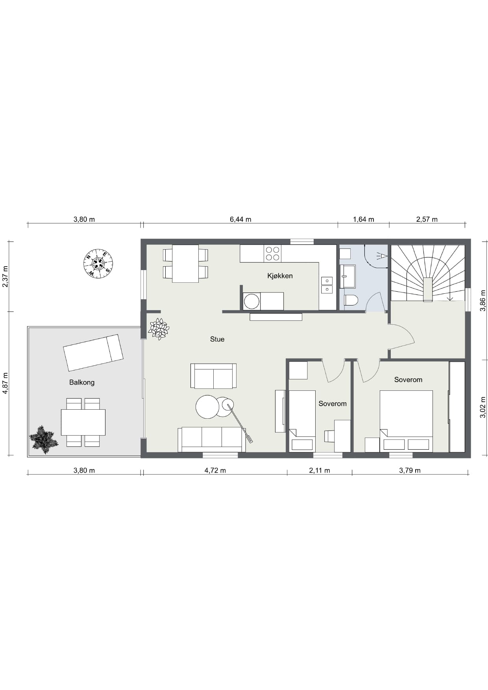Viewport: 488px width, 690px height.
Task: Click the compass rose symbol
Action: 98,263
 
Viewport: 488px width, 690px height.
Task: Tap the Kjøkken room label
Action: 280,276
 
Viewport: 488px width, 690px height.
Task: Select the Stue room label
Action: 217,339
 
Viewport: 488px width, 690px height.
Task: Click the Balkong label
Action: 82,382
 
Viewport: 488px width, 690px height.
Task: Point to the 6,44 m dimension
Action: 240,219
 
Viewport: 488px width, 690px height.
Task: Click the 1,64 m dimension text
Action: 363,219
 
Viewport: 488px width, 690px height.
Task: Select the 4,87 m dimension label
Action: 6,383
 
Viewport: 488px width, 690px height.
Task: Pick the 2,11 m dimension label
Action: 320,470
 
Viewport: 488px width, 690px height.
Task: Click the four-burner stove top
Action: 273,254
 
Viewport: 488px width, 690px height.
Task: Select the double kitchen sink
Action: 327,285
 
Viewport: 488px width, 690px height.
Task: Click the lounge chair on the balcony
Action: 93,353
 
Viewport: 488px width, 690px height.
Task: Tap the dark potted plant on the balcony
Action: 44,440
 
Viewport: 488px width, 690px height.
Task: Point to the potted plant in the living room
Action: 159,329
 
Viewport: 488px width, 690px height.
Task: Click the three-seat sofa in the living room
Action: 212,440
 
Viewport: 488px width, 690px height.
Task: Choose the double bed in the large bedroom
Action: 406,421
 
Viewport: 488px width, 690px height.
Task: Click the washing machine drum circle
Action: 251,302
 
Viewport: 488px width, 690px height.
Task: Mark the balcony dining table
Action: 83,422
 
